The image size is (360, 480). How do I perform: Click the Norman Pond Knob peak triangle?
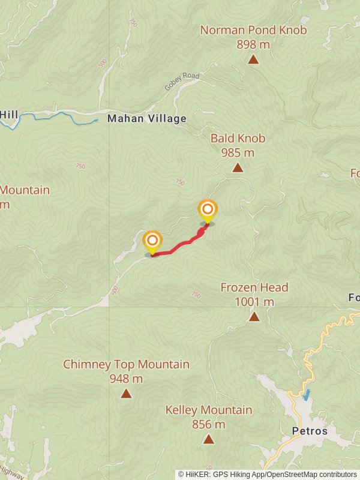coord(253,59)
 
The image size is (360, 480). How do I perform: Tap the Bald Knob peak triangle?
coord(238,168)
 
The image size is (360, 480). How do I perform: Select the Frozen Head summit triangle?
coord(254,316)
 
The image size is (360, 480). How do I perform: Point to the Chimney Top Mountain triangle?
coord(126,394)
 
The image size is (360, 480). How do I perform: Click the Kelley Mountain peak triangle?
coord(208,439)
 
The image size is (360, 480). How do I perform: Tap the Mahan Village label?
coord(147,119)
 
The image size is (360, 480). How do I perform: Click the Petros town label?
coord(310,431)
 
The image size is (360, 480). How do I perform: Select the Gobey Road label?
coord(181,83)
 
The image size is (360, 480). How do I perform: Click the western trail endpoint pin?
coord(152,242)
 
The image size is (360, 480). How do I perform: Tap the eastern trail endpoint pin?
coord(208,210)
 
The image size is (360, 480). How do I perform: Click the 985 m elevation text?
coord(238,152)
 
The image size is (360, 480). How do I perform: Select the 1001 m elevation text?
coord(254,301)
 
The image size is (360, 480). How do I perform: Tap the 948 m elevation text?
coord(126,379)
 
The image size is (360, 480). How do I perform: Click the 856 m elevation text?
coord(208,424)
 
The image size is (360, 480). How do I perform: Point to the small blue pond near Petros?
coord(307,395)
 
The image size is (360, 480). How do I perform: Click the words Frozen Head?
coord(254,287)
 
